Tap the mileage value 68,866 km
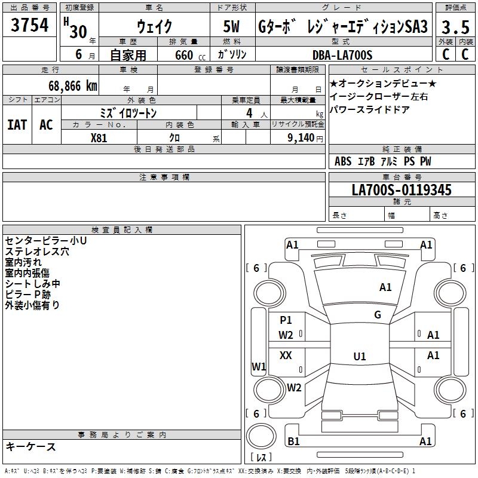[x=66, y=86]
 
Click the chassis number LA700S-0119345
[x=402, y=191]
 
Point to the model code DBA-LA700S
[x=342, y=55]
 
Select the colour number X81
[x=100, y=137]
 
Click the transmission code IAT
[x=17, y=124]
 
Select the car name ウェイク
[x=154, y=27]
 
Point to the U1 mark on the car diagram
[x=360, y=357]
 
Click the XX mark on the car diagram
[x=286, y=356]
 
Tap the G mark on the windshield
[x=378, y=315]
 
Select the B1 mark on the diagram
[x=293, y=442]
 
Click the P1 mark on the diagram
[x=286, y=320]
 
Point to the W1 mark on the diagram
[x=259, y=366]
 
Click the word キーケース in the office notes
[x=30, y=446]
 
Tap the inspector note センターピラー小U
[x=46, y=240]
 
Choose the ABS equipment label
[x=343, y=161]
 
